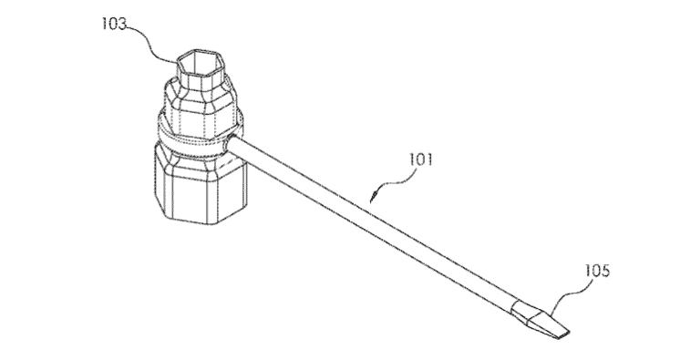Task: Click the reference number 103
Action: coord(114,24)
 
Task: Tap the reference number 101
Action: coord(420,159)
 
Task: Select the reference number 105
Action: coord(597,271)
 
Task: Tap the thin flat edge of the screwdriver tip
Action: coord(562,334)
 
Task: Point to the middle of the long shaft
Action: coord(372,222)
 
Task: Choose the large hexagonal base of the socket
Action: coord(200,188)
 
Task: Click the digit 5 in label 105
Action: coord(605,271)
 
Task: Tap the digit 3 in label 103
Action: coord(122,24)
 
